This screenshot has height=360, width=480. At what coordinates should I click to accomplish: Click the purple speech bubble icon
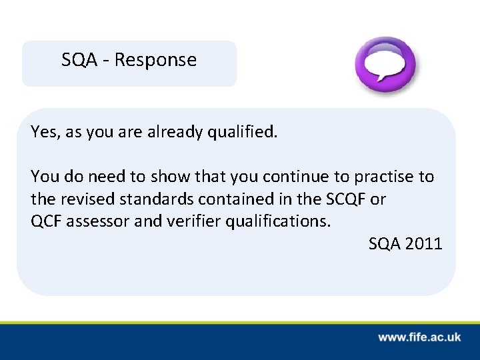point(385,65)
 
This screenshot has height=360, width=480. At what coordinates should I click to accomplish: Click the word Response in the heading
point(155,60)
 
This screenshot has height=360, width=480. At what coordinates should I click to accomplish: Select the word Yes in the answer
point(43,132)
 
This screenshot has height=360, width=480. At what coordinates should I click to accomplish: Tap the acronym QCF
point(45,221)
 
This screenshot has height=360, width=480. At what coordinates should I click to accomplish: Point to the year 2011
point(424,243)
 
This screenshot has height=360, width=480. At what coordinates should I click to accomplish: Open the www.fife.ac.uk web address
point(419,337)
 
